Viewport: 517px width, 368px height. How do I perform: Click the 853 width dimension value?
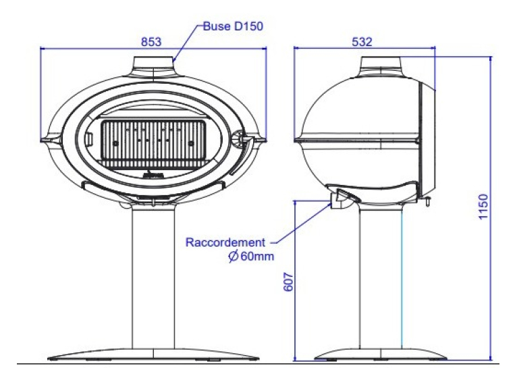coord(151,42)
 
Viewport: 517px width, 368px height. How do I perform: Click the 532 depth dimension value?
coord(362,42)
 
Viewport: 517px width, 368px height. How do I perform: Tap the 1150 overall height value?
coord(483,207)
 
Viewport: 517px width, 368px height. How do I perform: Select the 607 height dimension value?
coord(288,282)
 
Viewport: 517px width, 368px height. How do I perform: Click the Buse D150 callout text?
coord(233,26)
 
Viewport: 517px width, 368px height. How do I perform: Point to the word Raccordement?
coord(225,242)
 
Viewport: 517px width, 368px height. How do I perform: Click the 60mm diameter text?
coord(257,256)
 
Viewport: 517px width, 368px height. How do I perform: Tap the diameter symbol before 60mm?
coord(234,256)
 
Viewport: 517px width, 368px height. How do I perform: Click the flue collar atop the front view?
coord(153,66)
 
